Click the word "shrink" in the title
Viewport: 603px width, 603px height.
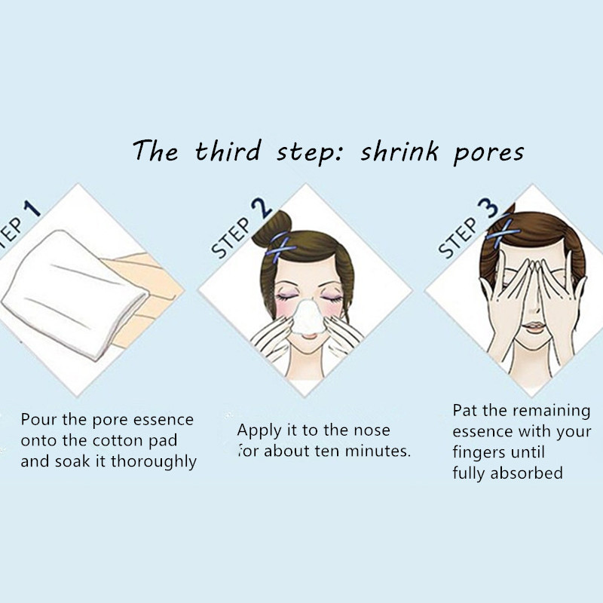point(399,151)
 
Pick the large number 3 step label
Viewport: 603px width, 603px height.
point(488,210)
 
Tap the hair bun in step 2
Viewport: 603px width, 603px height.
point(268,229)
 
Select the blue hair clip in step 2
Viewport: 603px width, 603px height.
point(282,249)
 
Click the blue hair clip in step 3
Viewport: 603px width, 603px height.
point(502,232)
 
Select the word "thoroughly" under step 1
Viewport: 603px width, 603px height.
point(154,461)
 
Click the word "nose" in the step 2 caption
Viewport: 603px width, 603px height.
point(372,430)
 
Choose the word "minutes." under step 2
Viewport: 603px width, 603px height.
point(378,451)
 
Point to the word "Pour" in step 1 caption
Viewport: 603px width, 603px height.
point(38,420)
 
